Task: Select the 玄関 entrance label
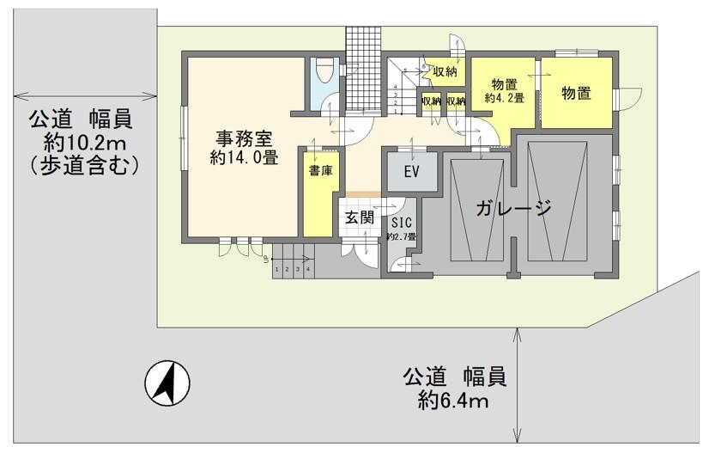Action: tap(360, 218)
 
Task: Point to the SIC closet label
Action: tap(401, 220)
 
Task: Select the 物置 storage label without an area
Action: tap(576, 94)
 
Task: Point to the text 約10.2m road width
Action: tap(83, 141)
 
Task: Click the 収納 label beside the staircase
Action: tap(445, 71)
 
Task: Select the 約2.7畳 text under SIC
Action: tap(401, 236)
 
